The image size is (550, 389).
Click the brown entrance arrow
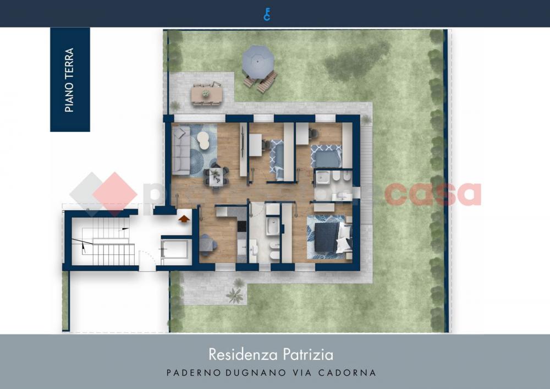click(x=184, y=218)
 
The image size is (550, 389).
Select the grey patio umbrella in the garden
click(x=257, y=57)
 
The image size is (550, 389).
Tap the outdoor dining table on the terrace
click(x=206, y=94)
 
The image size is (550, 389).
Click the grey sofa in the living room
click(x=181, y=150)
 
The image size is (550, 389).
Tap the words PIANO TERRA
click(x=69, y=80)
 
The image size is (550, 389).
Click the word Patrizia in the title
click(x=310, y=353)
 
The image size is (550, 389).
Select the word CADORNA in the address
click(x=350, y=372)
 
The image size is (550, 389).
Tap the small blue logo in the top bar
click(x=267, y=14)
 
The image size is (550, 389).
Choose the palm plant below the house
click(x=235, y=295)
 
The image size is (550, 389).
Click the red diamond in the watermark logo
click(x=114, y=193)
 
